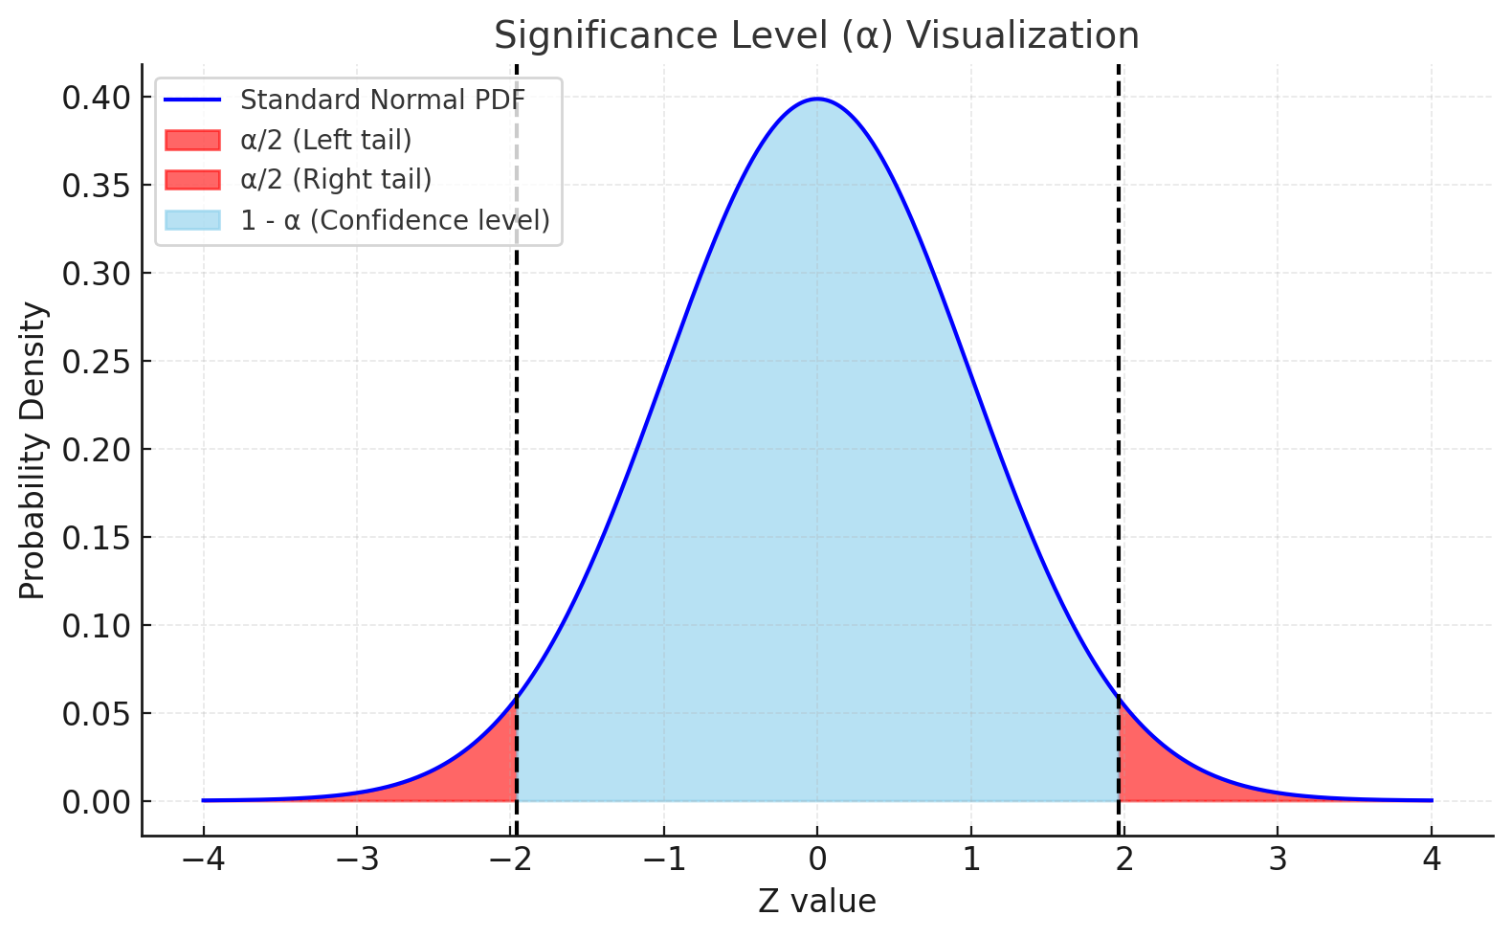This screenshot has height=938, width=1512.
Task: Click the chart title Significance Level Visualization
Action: pyautogui.click(x=816, y=36)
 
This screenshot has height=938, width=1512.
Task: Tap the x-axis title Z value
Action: pyautogui.click(x=816, y=901)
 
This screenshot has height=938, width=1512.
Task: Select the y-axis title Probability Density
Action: pyautogui.click(x=33, y=451)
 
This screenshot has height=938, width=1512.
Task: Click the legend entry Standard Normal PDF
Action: pyautogui.click(x=382, y=100)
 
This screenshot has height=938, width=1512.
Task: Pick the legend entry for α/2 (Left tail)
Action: pyautogui.click(x=325, y=140)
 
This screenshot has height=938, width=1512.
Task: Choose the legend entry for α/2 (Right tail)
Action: pyautogui.click(x=335, y=180)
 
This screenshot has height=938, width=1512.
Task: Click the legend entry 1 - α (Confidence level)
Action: pyautogui.click(x=394, y=220)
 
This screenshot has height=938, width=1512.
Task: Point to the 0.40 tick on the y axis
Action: pyautogui.click(x=96, y=98)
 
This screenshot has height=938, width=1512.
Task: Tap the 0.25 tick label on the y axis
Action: pyautogui.click(x=96, y=362)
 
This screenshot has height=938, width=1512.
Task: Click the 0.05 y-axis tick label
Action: pyautogui.click(x=96, y=714)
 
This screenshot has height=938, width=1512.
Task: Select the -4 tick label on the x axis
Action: pyautogui.click(x=203, y=860)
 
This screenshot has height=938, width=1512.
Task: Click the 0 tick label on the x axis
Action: pyautogui.click(x=816, y=860)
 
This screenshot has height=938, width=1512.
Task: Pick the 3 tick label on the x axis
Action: pyautogui.click(x=1278, y=860)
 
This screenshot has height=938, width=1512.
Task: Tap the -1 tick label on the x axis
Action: pyautogui.click(x=663, y=860)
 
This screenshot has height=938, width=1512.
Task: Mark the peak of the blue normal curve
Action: pyautogui.click(x=816, y=99)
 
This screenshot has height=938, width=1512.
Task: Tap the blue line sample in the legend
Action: pyautogui.click(x=192, y=100)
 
